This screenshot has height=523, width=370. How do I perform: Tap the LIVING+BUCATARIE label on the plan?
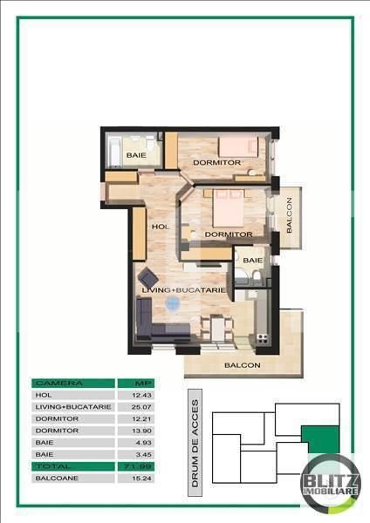coord(184,289)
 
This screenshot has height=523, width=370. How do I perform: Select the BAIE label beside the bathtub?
coord(135,155)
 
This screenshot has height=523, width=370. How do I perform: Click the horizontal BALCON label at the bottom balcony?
coord(242,365)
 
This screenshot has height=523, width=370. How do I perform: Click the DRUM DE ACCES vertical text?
coord(195,443)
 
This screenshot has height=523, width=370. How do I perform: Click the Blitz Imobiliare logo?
coord(330,478)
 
